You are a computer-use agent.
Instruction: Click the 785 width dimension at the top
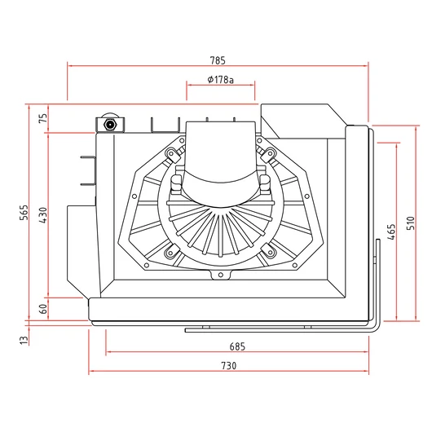point(217,60)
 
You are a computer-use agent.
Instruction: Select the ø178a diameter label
point(220,80)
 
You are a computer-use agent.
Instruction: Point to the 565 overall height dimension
point(24,213)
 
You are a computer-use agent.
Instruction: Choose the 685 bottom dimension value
point(237,346)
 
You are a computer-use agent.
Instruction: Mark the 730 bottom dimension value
point(228,365)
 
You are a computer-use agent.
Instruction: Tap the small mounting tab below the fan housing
point(218,276)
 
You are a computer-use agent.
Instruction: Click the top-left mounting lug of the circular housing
point(170,153)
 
